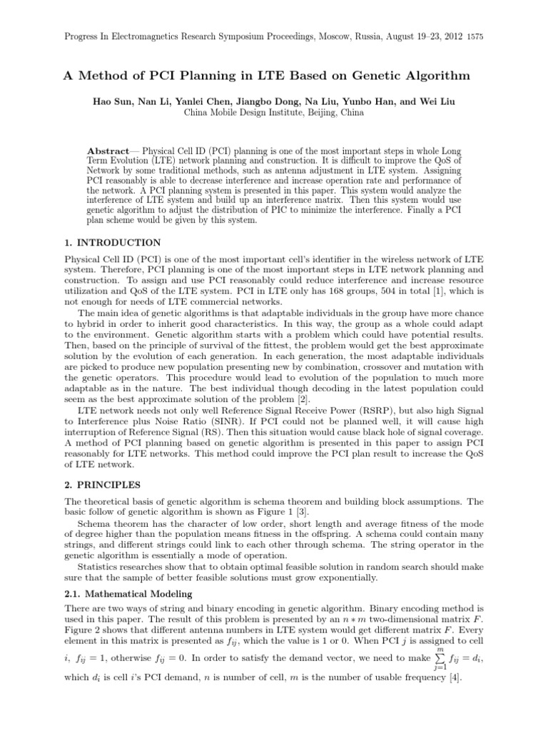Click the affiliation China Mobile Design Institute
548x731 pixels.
click(246, 113)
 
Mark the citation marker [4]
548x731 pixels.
click(453, 678)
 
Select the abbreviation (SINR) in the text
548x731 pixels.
click(235, 421)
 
